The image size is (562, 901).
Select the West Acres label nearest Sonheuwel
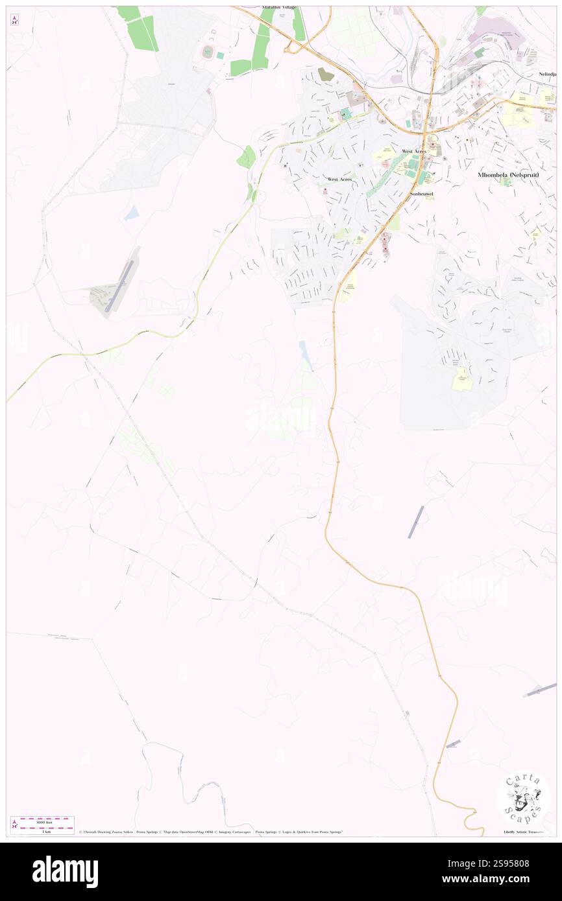tap(414, 151)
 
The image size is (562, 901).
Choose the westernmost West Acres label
tap(341, 179)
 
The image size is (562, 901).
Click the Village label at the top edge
tap(279, 7)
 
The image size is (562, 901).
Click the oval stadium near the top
tap(208, 53)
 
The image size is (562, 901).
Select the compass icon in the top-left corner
tap(14, 21)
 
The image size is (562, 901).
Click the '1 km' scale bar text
tap(46, 832)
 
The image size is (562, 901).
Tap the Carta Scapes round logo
tap(523, 799)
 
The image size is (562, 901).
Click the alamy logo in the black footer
tap(66, 871)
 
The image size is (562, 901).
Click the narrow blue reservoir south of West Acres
tap(304, 355)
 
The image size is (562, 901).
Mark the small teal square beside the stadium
tap(220, 56)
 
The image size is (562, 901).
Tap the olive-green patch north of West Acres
tap(326, 75)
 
